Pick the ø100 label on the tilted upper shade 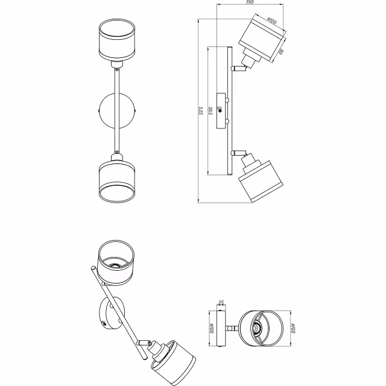271,22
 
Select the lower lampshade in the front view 116,181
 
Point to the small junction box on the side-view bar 223,110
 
